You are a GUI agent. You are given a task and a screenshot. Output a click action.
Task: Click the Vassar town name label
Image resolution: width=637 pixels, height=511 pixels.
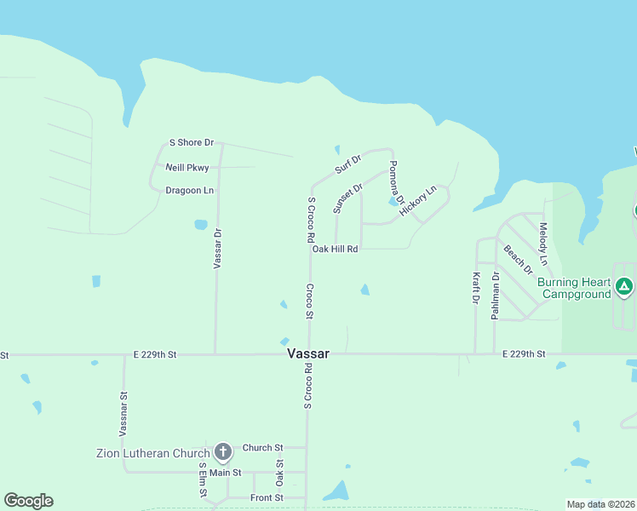pyautogui.click(x=308, y=353)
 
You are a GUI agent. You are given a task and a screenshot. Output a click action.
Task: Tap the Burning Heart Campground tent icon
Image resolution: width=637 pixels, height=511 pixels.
pyautogui.click(x=624, y=287)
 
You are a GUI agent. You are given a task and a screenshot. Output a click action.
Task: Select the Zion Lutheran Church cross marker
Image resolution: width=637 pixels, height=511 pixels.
pyautogui.click(x=222, y=451)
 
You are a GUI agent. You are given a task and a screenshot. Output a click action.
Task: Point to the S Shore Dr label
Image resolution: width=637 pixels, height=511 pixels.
pyautogui.click(x=192, y=143)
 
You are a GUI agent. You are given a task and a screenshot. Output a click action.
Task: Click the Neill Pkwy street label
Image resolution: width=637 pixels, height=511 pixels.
pyautogui.click(x=187, y=167)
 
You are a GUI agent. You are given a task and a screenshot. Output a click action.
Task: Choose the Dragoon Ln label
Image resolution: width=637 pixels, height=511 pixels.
pyautogui.click(x=189, y=191)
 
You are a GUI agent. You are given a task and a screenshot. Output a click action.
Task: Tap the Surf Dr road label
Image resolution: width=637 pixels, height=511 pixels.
pyautogui.click(x=348, y=164)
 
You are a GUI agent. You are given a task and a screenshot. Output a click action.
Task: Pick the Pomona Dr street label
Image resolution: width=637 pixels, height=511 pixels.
pyautogui.click(x=396, y=181)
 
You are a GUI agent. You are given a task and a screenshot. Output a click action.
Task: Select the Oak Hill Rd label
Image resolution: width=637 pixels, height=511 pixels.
pyautogui.click(x=335, y=249)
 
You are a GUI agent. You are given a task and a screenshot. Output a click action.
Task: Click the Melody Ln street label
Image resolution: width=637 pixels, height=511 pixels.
pyautogui.click(x=543, y=243)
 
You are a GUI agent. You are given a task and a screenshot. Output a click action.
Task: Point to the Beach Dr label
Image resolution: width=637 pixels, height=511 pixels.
pyautogui.click(x=518, y=260)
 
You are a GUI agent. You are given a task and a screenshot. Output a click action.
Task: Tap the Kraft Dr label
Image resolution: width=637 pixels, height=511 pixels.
pyautogui.click(x=475, y=288)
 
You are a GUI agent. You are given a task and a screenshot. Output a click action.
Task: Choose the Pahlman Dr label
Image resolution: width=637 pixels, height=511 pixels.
pyautogui.click(x=494, y=296)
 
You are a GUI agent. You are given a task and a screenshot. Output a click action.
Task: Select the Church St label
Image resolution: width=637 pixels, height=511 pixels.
pyautogui.click(x=262, y=447)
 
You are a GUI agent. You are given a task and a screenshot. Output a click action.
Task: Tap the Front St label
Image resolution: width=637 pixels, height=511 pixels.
pyautogui.click(x=266, y=497)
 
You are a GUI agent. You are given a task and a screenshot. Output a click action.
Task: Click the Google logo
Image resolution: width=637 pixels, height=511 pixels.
pyautogui.click(x=28, y=501)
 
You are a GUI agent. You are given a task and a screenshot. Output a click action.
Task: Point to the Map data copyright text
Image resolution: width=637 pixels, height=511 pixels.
pyautogui.click(x=600, y=504)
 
